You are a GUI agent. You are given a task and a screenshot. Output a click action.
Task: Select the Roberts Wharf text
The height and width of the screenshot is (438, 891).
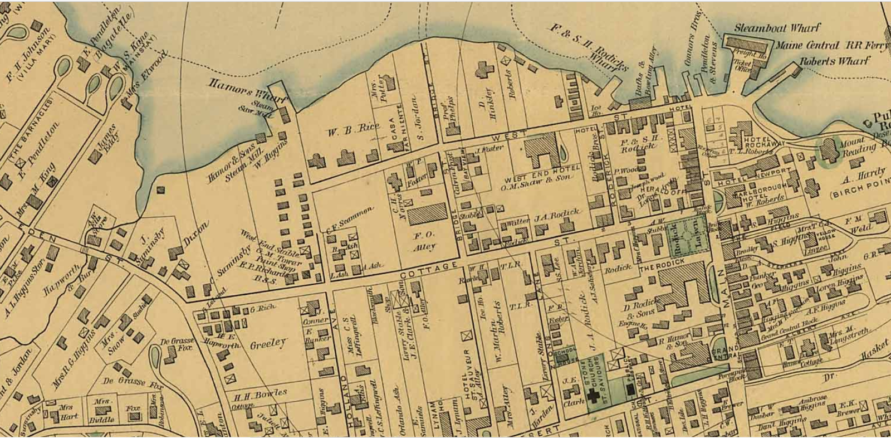point(834,61)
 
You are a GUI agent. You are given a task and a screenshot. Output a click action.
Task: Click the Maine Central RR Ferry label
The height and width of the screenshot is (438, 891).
point(831,45)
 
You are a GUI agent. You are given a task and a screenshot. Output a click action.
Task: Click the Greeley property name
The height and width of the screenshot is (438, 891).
point(268,344)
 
